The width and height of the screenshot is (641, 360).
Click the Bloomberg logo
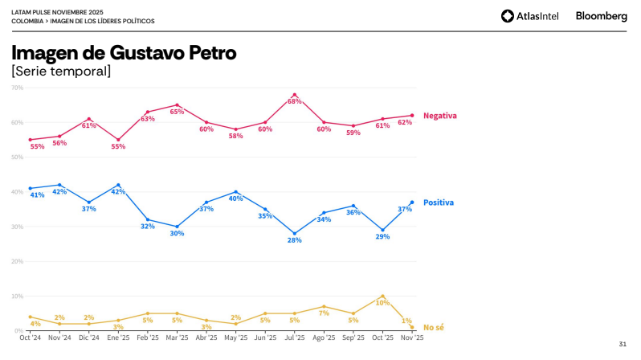[601, 16]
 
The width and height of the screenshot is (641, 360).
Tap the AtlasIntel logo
[532, 16]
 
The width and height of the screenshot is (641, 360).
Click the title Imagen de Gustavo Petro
[124, 54]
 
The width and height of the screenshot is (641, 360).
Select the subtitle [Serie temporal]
[61, 72]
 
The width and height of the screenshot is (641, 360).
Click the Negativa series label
[439, 116]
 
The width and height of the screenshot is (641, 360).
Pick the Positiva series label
[439, 202]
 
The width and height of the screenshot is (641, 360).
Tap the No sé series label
[434, 327]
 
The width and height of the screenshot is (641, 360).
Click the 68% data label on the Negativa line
[295, 102]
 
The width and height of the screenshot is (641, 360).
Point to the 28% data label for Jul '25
[295, 241]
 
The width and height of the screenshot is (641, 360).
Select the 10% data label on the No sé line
[383, 302]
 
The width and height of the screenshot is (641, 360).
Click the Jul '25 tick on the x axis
[295, 338]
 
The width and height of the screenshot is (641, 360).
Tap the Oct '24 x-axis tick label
[30, 338]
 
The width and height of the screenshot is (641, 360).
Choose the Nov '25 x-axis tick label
[412, 338]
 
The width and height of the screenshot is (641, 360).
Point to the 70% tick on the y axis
[17, 88]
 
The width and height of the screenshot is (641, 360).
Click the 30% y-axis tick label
[17, 227]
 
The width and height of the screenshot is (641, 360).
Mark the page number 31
[623, 344]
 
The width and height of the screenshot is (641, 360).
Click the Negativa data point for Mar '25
[177, 105]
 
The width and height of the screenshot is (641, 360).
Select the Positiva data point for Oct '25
[383, 230]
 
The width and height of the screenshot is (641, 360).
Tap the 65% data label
[177, 112]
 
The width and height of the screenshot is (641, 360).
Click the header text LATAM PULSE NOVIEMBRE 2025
[58, 12]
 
